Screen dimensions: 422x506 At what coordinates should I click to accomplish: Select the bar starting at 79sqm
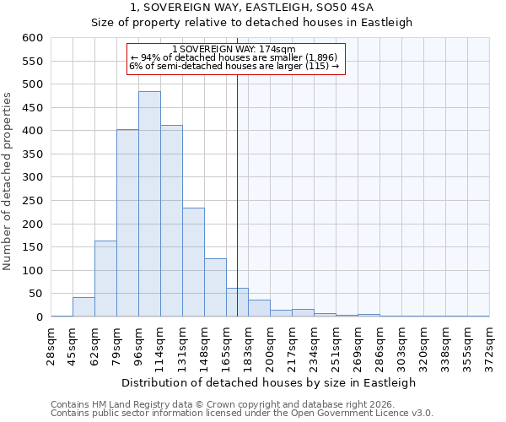(127, 223)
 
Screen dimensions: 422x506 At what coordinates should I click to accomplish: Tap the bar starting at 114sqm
(171, 221)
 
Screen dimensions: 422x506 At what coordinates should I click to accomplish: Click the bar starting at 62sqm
(105, 279)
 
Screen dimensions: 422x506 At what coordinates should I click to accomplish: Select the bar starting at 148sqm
(215, 288)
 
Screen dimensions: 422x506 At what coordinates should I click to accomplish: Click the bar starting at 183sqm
(259, 308)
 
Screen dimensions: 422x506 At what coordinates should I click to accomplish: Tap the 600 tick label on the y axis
(32, 38)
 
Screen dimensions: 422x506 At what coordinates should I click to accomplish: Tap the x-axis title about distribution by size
(270, 382)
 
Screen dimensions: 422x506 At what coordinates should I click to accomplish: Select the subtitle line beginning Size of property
(252, 23)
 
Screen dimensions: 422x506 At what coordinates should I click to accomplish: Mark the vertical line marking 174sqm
(237, 194)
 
